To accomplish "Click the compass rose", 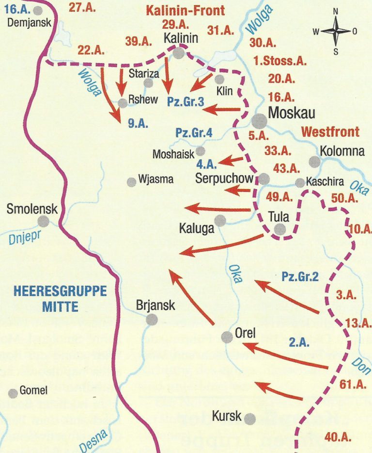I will [x=335, y=31].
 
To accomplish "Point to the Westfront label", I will [x=330, y=131].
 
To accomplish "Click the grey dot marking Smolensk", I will [x=44, y=222].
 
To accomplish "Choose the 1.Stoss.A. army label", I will [x=280, y=61].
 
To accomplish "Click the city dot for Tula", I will [x=279, y=229].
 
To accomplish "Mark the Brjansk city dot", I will [x=152, y=319].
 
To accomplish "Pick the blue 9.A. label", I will [x=138, y=123].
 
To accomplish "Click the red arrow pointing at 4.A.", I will [x=231, y=159].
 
